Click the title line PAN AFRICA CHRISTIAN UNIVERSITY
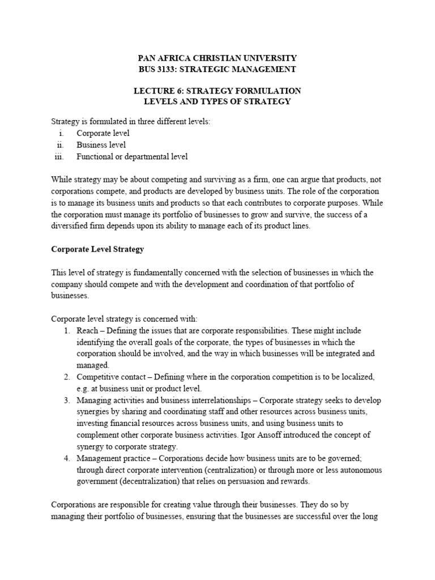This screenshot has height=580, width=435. [217, 58]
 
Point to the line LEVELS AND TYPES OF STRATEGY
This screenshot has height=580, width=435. [217, 102]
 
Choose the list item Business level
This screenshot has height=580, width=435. [101, 145]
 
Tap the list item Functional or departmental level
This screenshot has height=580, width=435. [132, 156]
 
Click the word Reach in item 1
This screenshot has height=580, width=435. [87, 330]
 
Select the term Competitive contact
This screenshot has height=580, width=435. [109, 377]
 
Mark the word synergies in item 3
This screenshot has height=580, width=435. [95, 411]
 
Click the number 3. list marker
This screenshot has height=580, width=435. [66, 400]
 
